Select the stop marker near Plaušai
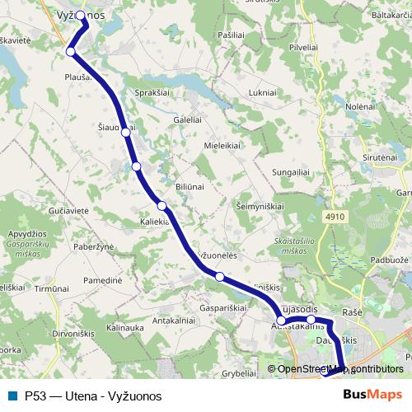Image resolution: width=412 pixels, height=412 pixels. [71, 52]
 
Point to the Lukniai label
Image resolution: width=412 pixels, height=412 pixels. [260, 94]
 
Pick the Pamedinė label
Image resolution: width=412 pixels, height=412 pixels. [102, 281]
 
